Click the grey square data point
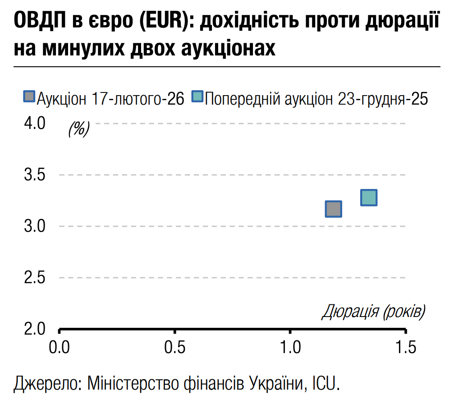click(x=333, y=209)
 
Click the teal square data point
click(x=369, y=198)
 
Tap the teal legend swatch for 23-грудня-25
click(x=197, y=97)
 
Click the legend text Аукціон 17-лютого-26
click(x=111, y=98)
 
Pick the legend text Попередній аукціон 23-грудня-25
click(x=316, y=98)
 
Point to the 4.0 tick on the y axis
click(x=35, y=123)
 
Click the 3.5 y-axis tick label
click(x=35, y=175)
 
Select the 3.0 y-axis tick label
click(x=35, y=226)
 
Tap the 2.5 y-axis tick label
click(x=35, y=277)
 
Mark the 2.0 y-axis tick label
click(x=35, y=329)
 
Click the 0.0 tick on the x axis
click(x=59, y=347)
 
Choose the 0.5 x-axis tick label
click(x=175, y=347)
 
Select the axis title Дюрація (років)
click(x=374, y=312)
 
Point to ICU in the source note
click(x=325, y=384)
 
